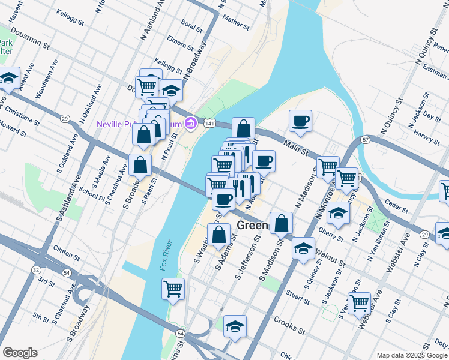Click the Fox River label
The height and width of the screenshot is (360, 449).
pos(166,255)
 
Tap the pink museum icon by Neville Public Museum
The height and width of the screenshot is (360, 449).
pos(191,123)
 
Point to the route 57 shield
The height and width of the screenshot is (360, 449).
pos(365,140)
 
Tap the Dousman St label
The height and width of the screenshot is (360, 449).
pos(29,37)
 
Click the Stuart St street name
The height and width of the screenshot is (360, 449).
pos(298,294)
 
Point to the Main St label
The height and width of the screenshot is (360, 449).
pos(295,148)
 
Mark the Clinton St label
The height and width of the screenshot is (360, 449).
pos(66,251)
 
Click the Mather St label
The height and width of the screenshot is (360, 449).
pos(235,22)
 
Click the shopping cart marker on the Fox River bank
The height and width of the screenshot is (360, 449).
pos(173,289)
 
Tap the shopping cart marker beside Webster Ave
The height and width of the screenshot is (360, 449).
pos(359,303)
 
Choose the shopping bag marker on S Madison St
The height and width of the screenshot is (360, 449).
pos(281,223)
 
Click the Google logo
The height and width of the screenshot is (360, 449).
pos(20,353)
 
